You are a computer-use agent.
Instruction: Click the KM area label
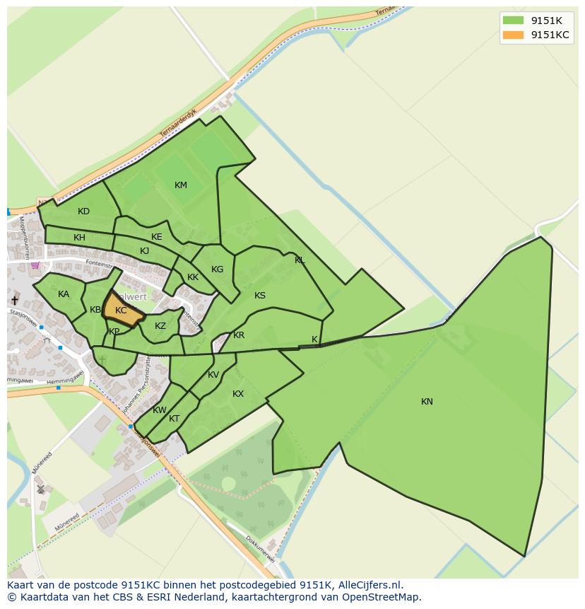181,185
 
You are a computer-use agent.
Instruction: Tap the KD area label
83,211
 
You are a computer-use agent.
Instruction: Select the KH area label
79,238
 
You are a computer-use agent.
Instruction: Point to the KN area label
427,402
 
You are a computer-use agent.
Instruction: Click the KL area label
300,260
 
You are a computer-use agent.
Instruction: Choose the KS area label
260,296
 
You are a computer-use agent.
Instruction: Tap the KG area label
217,269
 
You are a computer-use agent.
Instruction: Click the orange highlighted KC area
121,311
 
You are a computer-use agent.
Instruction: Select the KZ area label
160,326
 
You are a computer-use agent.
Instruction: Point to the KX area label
238,394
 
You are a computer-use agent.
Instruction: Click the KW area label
160,410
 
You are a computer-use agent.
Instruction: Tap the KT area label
174,419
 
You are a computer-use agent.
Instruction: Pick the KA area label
64,294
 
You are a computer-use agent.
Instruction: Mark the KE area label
157,237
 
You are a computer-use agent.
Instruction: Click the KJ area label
144,251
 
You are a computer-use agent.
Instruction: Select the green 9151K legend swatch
513,20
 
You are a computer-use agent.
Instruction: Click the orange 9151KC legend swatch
513,35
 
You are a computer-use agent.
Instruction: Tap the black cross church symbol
15,301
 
